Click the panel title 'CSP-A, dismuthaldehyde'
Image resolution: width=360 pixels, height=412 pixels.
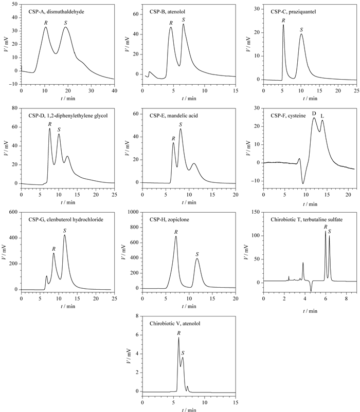pyautogui.click(x=56, y=12)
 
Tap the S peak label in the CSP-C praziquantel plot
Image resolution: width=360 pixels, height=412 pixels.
pyautogui.click(x=301, y=30)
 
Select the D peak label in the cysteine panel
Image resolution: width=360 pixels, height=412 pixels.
pyautogui.click(x=314, y=114)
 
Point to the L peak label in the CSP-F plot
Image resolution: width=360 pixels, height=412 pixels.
pyautogui.click(x=322, y=116)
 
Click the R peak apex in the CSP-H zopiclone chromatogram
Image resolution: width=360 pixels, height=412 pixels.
pyautogui.click(x=176, y=236)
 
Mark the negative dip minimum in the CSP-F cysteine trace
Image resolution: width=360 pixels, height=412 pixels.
pyautogui.click(x=303, y=183)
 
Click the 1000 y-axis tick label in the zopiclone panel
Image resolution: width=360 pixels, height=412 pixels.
pyautogui.click(x=133, y=212)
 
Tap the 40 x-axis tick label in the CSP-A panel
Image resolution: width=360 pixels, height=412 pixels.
pyautogui.click(x=114, y=91)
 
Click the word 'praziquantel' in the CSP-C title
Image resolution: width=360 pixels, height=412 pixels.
pyautogui.click(x=302, y=12)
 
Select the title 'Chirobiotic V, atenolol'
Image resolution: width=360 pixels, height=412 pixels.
pyautogui.click(x=175, y=324)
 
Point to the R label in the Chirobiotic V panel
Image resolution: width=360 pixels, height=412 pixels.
pyautogui.click(x=179, y=333)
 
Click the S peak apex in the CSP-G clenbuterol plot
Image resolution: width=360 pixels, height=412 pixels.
pyautogui.click(x=65, y=235)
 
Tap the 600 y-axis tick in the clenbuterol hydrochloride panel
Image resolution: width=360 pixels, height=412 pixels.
pyautogui.click(x=13, y=212)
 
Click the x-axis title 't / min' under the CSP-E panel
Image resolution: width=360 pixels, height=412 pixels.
pyautogui.click(x=189, y=202)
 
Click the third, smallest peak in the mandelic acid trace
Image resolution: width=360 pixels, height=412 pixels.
pyautogui.click(x=194, y=163)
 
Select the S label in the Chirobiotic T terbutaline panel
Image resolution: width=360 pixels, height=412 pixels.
pyautogui.click(x=330, y=231)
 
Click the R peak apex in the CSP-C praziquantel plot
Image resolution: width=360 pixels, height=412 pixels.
pyautogui.click(x=283, y=25)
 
